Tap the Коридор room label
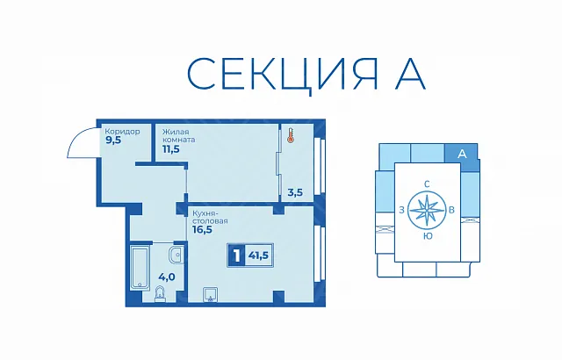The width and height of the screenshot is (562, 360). tap(123, 132)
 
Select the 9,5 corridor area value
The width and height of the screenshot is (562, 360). tap(113, 140)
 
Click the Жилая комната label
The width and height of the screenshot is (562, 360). tap(179, 136)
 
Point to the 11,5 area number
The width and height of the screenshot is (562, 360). tap(171, 149)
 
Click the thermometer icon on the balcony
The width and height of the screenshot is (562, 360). tap(290, 136)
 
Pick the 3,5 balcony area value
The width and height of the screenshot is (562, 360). tap(295, 192)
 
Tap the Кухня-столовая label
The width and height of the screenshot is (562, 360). tap(210, 217)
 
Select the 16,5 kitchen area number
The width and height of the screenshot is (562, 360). tap(203, 230)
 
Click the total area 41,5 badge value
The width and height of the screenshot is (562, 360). tap(259, 256)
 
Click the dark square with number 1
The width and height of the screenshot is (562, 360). tap(236, 256)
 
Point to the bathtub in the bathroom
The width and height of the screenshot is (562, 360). tap(139, 267)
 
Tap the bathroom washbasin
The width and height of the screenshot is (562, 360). tap(176, 256)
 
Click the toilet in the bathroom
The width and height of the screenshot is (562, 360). tap(160, 294)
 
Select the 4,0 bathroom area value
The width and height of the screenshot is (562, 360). tap(167, 277)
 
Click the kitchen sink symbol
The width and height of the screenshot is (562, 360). tap(210, 294)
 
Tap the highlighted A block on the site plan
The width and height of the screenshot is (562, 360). tap(462, 154)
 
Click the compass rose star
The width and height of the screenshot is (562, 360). tap(426, 210)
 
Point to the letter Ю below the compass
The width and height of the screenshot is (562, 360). tap(428, 236)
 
